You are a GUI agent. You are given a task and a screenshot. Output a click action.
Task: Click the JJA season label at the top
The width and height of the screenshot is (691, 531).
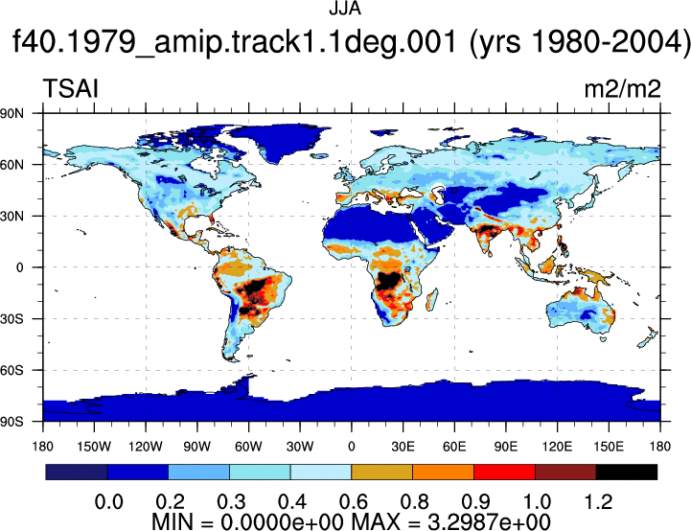coord(345,10)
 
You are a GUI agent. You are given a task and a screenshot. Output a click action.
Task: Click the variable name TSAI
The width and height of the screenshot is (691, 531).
coord(71,88)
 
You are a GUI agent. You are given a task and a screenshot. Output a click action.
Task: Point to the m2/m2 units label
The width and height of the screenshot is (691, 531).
coord(622,89)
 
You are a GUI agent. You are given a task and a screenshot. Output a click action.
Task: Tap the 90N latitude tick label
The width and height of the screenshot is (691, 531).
coord(12,113)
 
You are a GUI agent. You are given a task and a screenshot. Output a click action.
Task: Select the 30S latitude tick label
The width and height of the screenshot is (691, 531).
coord(12,318)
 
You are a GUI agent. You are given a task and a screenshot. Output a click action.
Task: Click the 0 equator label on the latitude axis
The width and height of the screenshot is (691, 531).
coord(19,267)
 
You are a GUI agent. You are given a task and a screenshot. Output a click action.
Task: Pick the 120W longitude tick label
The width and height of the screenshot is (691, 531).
coord(146,447)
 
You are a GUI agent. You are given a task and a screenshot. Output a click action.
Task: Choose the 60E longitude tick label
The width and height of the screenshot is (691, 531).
coord(454,447)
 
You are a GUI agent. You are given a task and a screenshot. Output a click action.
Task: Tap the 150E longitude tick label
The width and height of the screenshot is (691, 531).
coord(609,447)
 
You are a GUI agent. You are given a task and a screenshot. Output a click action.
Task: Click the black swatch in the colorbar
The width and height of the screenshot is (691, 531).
coord(626,472)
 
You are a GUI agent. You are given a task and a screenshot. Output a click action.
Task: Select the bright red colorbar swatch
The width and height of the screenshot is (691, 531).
coord(504,472)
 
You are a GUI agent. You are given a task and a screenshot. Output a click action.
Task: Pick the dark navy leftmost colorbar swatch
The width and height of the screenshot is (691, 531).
coord(77,472)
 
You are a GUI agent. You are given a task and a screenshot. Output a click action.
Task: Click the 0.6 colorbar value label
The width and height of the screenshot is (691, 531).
coord(354,502)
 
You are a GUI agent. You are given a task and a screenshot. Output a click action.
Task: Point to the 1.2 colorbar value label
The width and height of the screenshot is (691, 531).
coord(598,502)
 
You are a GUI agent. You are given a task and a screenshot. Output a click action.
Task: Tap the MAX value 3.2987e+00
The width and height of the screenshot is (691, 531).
coord(489,521)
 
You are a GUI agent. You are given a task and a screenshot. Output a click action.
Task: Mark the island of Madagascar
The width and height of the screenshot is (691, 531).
coord(432,300)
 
